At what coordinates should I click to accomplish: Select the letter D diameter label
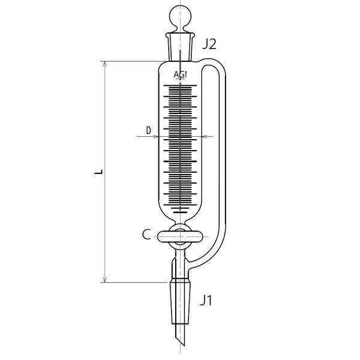click(x=148, y=130)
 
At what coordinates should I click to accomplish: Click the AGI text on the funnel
click(x=180, y=75)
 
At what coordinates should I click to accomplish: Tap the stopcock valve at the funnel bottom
click(x=180, y=235)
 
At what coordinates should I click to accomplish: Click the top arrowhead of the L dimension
click(x=106, y=62)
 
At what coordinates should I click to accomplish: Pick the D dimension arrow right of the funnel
click(x=206, y=137)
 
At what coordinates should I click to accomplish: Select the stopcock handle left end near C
click(x=160, y=235)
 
